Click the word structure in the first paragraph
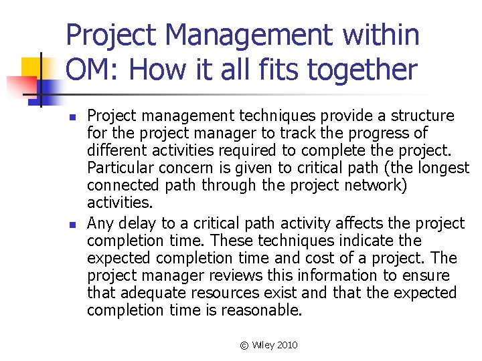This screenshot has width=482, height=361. pyautogui.click(x=422, y=116)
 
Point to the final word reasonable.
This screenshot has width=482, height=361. pyautogui.click(x=266, y=310)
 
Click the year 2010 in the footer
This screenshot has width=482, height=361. pyautogui.click(x=286, y=345)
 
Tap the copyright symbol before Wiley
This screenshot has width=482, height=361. pyautogui.click(x=244, y=345)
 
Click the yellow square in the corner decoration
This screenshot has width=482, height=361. pyautogui.click(x=31, y=67)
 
